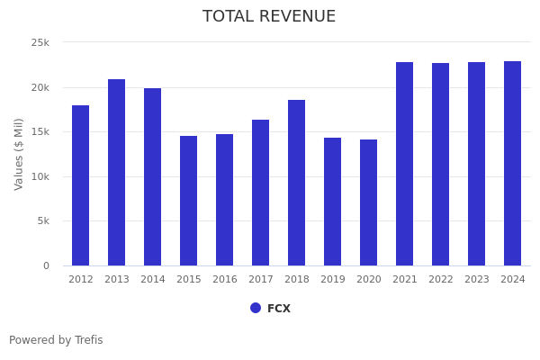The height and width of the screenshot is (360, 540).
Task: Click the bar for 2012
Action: coord(81,185)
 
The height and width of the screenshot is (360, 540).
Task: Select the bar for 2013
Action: coord(117,173)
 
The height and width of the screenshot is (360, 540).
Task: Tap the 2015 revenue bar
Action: coord(189,201)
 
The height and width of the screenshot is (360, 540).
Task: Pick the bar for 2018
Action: coord(297,183)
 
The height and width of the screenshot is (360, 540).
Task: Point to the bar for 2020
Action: coord(369,202)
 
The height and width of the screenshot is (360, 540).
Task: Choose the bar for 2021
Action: coord(405,164)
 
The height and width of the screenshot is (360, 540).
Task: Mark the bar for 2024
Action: coord(513,163)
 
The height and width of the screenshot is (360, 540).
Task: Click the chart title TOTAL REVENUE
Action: coord(269,17)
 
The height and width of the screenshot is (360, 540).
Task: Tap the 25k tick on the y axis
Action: coord(40,42)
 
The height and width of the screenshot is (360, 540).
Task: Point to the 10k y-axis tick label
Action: coord(40,176)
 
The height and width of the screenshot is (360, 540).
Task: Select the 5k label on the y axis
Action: coord(42,221)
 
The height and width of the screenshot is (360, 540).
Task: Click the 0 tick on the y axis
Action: coord(45,265)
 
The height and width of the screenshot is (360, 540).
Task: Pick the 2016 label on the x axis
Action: coord(225,280)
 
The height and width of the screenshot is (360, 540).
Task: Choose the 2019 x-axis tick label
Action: coord(333,280)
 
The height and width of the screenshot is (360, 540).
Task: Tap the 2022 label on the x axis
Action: coord(441,280)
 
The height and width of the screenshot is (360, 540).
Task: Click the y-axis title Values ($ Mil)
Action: coord(19,154)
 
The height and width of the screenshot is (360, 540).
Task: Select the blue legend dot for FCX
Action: coord(256,308)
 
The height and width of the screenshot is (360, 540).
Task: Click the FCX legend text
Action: coord(279,309)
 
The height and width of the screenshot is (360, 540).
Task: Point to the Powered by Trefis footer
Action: coord(56,340)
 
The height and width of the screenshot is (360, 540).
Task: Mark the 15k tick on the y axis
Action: coord(40,132)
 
